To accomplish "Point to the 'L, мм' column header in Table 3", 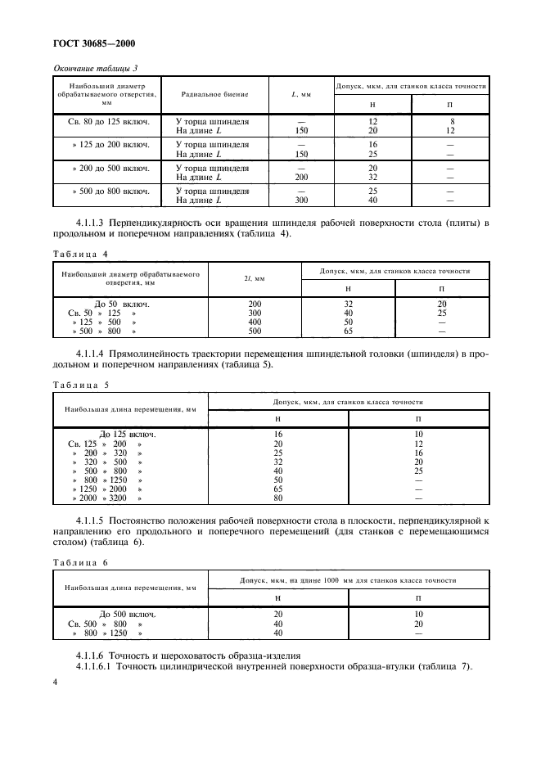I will tap(300, 95).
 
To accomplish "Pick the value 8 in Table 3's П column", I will tap(449, 121).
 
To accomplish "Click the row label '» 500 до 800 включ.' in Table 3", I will tap(109, 191).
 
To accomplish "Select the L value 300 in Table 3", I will tap(300, 200).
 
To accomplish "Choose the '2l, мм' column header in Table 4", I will tap(255, 280).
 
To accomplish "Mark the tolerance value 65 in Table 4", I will tap(348, 331).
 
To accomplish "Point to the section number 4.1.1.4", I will tap(97, 353).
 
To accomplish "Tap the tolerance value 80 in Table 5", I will tap(277, 498).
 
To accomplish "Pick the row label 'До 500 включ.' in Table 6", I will tap(127, 613).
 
